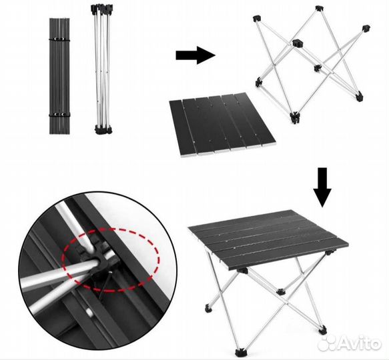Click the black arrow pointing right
196,55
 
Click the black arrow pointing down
322,187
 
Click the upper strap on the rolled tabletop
59,39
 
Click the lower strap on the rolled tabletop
59,115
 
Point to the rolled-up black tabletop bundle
59,76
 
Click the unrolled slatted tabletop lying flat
222,125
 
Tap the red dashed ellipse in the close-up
110,260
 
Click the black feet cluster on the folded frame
103,130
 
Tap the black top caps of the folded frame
102,9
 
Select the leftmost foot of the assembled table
209,309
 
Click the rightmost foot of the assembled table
323,329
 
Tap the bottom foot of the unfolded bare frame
295,117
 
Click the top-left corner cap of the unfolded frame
257,19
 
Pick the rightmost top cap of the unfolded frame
366,29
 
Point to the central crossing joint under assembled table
280,292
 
